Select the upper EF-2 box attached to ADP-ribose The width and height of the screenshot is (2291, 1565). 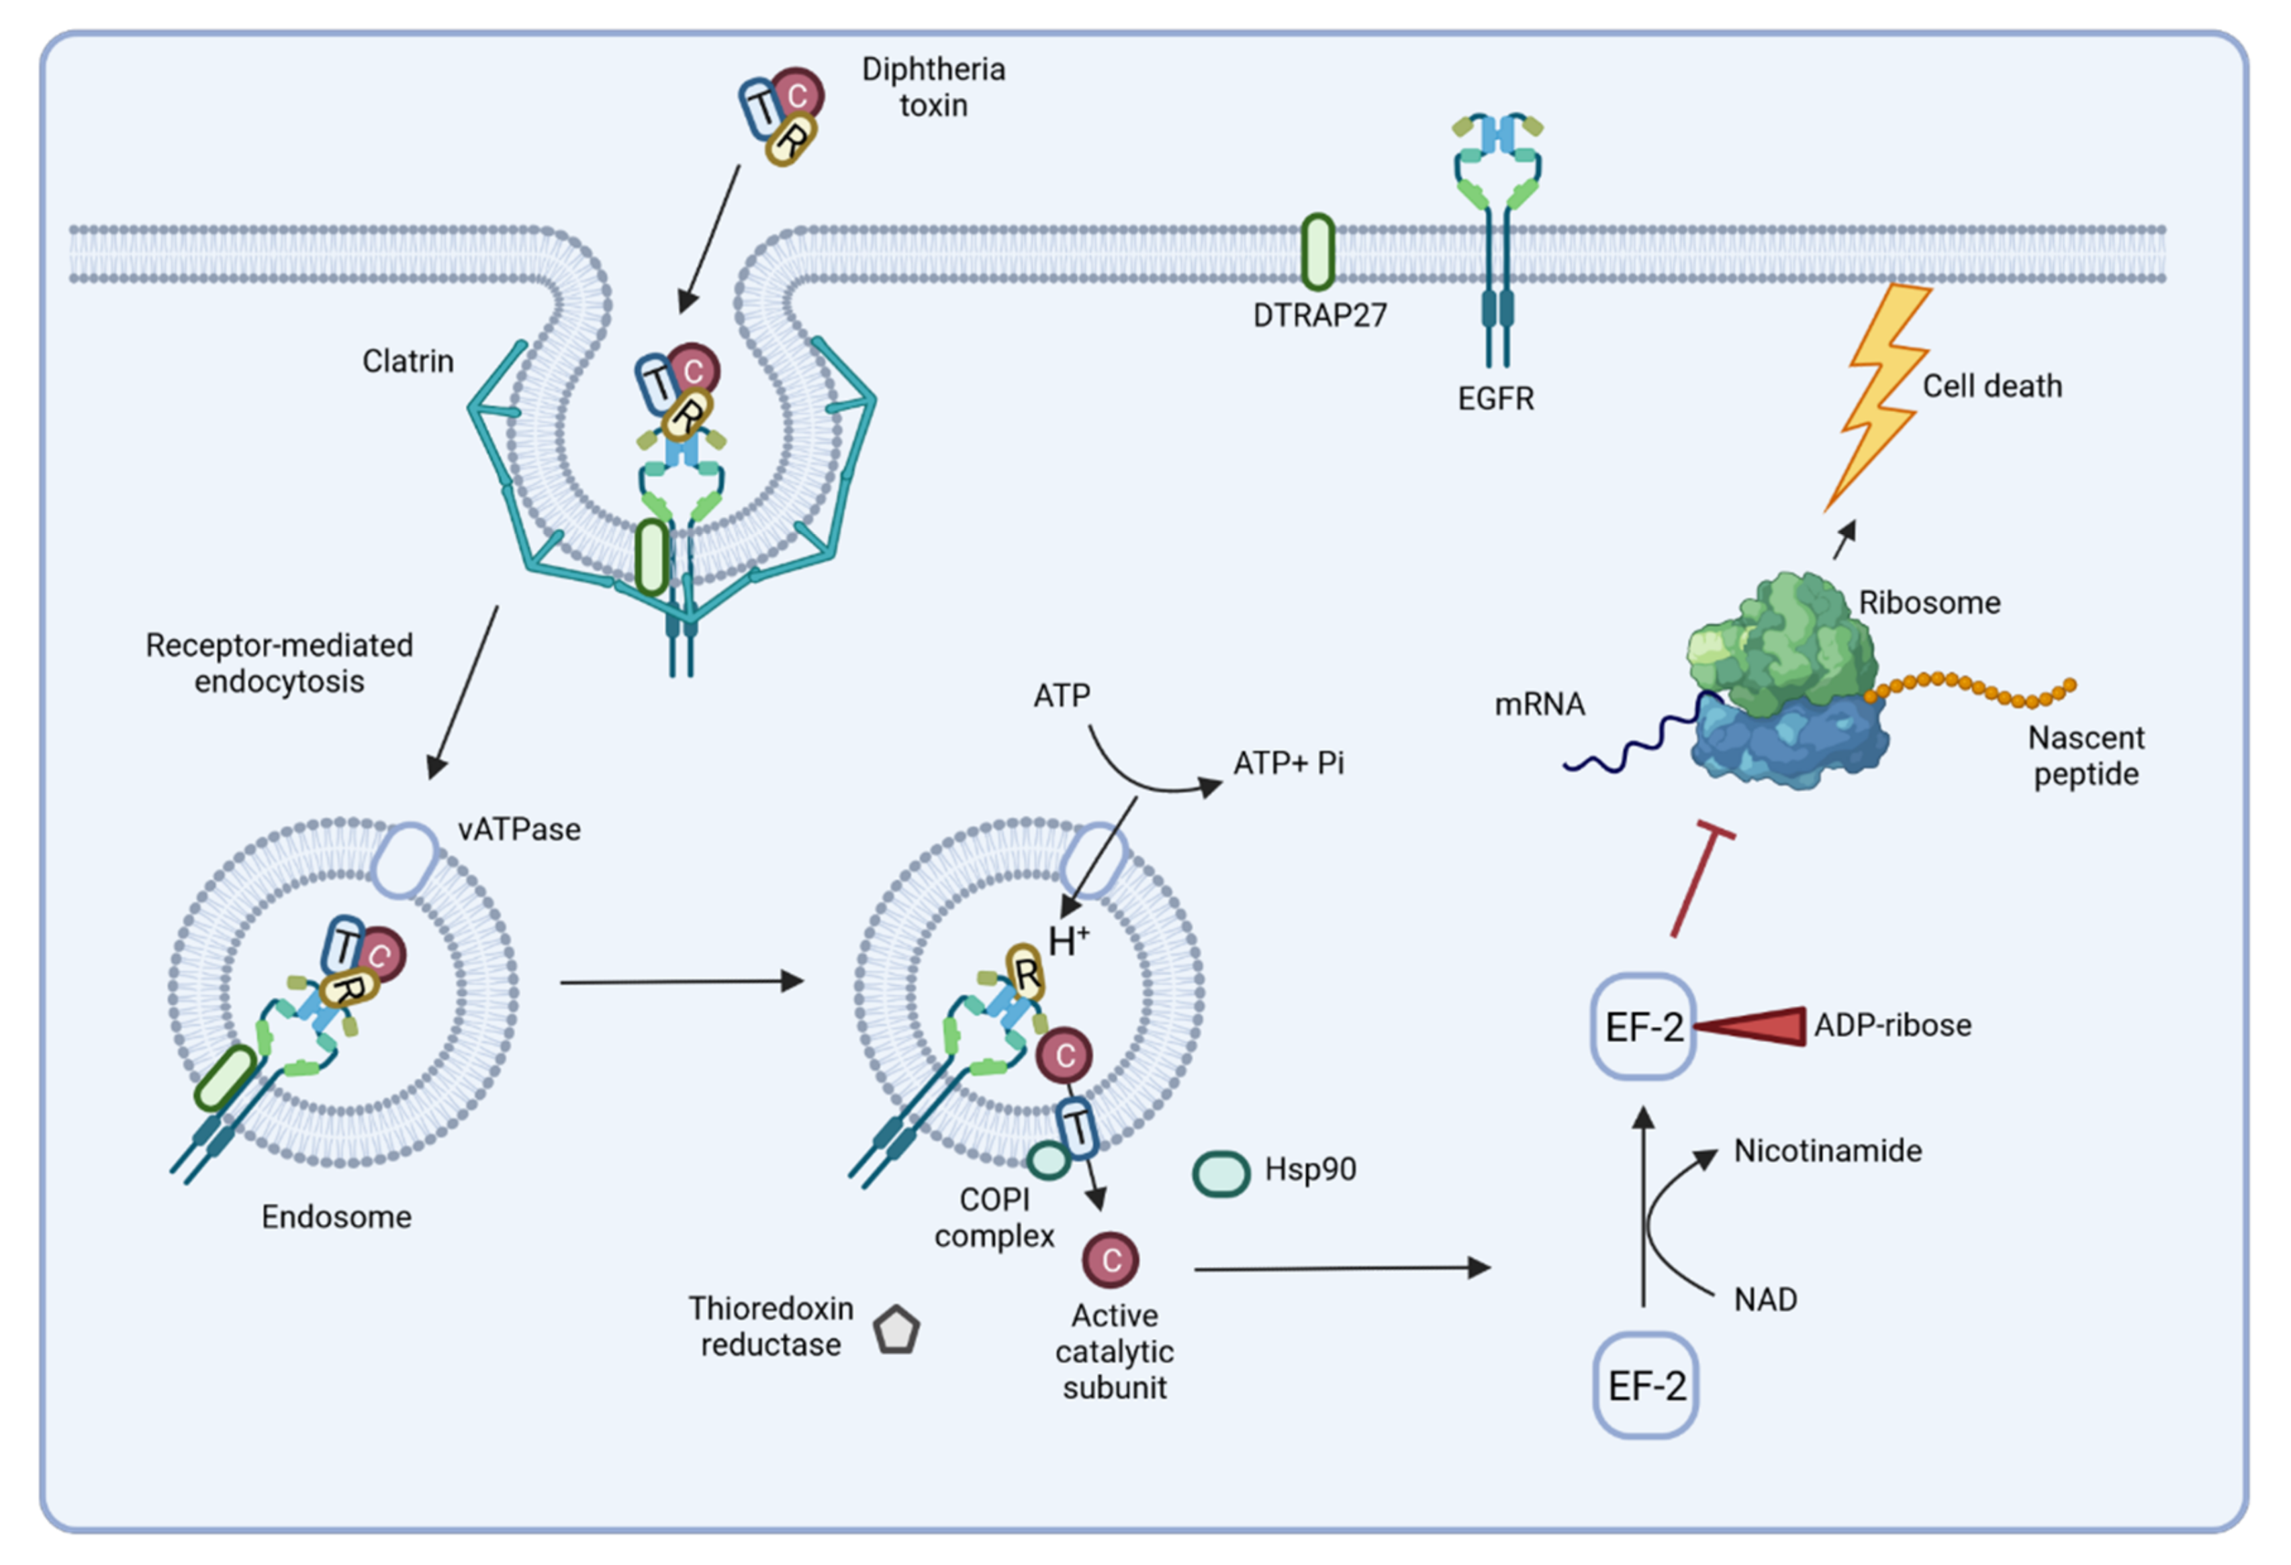pyautogui.click(x=1643, y=1026)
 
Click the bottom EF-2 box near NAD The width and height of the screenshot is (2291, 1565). pyautogui.click(x=1645, y=1386)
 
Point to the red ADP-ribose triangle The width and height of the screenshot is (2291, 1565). pyautogui.click(x=1749, y=1026)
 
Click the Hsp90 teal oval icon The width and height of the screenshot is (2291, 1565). pyautogui.click(x=1221, y=1174)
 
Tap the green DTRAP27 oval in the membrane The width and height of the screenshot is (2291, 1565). pyautogui.click(x=1318, y=253)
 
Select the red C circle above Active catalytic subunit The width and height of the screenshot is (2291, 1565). pyautogui.click(x=1111, y=1260)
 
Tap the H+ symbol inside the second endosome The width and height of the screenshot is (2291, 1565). pyautogui.click(x=1068, y=940)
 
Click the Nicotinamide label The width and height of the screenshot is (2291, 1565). pyautogui.click(x=1828, y=1150)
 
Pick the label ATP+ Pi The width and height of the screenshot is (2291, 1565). pyautogui.click(x=1289, y=763)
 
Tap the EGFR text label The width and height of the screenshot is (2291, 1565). pyautogui.click(x=1495, y=399)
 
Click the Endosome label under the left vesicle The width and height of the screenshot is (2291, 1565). pyautogui.click(x=336, y=1217)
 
